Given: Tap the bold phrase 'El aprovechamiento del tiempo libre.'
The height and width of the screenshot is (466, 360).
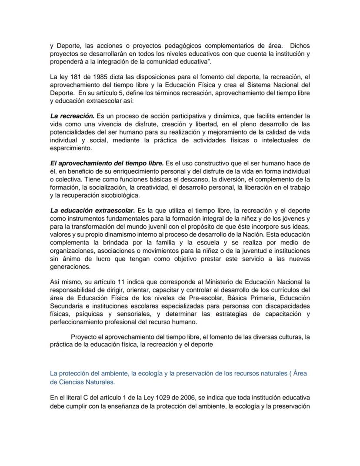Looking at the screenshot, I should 107,163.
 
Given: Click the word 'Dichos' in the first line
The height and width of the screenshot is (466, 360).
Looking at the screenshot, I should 300,46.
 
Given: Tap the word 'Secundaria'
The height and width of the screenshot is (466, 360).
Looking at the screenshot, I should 67,306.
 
